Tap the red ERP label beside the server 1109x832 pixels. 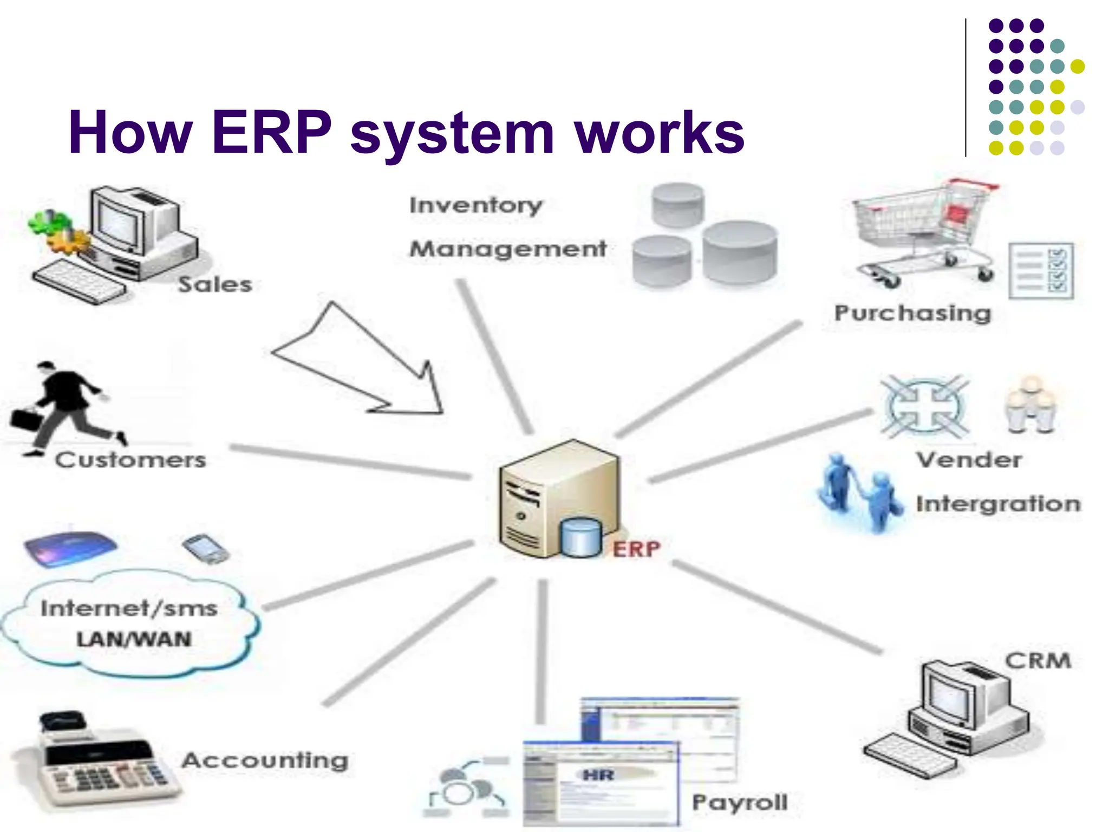pyautogui.click(x=636, y=549)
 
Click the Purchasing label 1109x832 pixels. pyautogui.click(x=913, y=313)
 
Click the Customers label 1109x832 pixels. pyautogui.click(x=131, y=460)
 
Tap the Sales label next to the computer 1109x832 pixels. pyautogui.click(x=215, y=284)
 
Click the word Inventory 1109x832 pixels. pyautogui.click(x=476, y=205)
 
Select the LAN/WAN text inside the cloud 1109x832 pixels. pyautogui.click(x=134, y=639)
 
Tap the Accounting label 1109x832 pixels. pyautogui.click(x=265, y=760)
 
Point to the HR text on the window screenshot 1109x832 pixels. pyautogui.click(x=598, y=775)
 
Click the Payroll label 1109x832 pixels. pyautogui.click(x=740, y=802)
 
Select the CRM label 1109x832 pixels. pyautogui.click(x=1038, y=661)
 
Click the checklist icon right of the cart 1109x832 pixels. pyautogui.click(x=1041, y=270)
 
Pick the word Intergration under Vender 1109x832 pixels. pyautogui.click(x=998, y=504)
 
